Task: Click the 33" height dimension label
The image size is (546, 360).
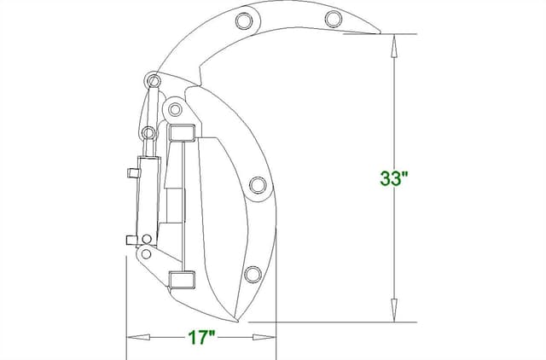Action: (394, 178)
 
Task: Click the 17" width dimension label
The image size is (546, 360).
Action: (200, 337)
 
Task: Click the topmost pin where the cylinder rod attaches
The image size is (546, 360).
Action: (154, 81)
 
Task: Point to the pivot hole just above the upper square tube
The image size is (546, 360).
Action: (175, 109)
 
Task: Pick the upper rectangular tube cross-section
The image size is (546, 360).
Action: (183, 132)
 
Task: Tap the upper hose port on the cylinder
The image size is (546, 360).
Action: (132, 172)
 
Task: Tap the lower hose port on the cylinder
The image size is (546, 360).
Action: (131, 240)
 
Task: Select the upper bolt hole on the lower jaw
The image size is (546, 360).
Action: (258, 185)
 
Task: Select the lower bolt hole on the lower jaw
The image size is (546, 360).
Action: (252, 274)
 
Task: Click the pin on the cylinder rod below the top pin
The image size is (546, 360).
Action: (148, 133)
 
